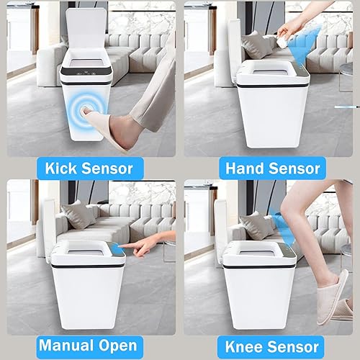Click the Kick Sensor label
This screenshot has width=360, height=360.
click(89, 168)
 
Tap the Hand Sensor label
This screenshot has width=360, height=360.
click(271, 168)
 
